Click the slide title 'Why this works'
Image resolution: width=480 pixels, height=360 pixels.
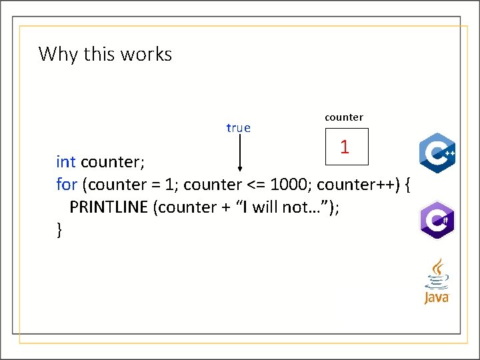click(105, 53)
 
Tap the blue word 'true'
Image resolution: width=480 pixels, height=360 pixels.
click(238, 128)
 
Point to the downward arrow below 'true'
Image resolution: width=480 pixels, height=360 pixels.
click(239, 154)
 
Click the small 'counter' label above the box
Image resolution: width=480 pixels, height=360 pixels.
click(344, 117)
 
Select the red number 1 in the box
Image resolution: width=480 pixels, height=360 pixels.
click(345, 147)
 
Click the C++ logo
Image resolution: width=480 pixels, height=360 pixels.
click(437, 153)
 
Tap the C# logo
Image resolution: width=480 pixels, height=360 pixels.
click(437, 219)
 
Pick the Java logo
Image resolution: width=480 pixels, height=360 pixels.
click(437, 281)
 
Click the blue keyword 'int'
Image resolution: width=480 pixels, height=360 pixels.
click(66, 162)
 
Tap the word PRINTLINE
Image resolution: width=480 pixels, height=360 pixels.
click(109, 207)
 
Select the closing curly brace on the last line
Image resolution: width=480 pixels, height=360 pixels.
click(59, 230)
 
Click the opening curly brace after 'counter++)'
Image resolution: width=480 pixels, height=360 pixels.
click(407, 184)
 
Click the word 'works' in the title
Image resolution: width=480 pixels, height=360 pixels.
click(150, 53)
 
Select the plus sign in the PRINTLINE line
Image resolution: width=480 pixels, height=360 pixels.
click(223, 207)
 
